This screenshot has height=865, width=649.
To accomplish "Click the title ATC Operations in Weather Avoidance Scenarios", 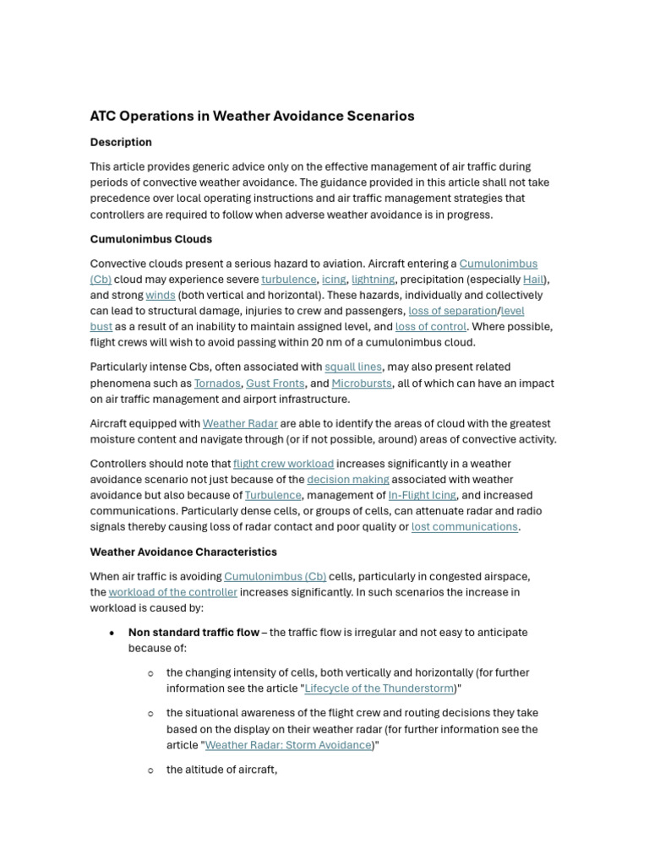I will coord(252,116).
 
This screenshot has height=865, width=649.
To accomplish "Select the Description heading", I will coord(121,142).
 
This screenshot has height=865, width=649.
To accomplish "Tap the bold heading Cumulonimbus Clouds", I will coord(151,239).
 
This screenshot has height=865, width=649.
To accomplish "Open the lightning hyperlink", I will coord(373,280).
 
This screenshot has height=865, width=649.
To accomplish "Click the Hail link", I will coord(533,280).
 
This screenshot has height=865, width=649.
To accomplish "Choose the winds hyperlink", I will coord(160,296).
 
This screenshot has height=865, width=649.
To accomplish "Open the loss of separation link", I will coord(452,311).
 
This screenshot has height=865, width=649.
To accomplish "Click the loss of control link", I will coord(430,327).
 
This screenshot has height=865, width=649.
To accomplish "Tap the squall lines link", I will coord(353,367).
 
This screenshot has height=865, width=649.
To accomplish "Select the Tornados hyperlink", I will coord(217,384).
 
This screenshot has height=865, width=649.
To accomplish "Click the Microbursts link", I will coord(362,384).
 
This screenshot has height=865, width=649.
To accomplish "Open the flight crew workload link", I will coord(283,464).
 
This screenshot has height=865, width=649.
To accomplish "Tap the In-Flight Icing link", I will coord(422,496).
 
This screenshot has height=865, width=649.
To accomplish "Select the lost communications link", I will coord(464,527).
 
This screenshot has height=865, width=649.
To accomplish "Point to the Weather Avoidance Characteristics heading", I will coord(183,552).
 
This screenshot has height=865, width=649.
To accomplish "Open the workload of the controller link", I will coord(172,592).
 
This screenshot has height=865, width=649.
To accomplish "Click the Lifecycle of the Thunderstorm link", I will coord(379,688).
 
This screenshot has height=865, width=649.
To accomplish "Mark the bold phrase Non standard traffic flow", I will coord(194,633).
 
